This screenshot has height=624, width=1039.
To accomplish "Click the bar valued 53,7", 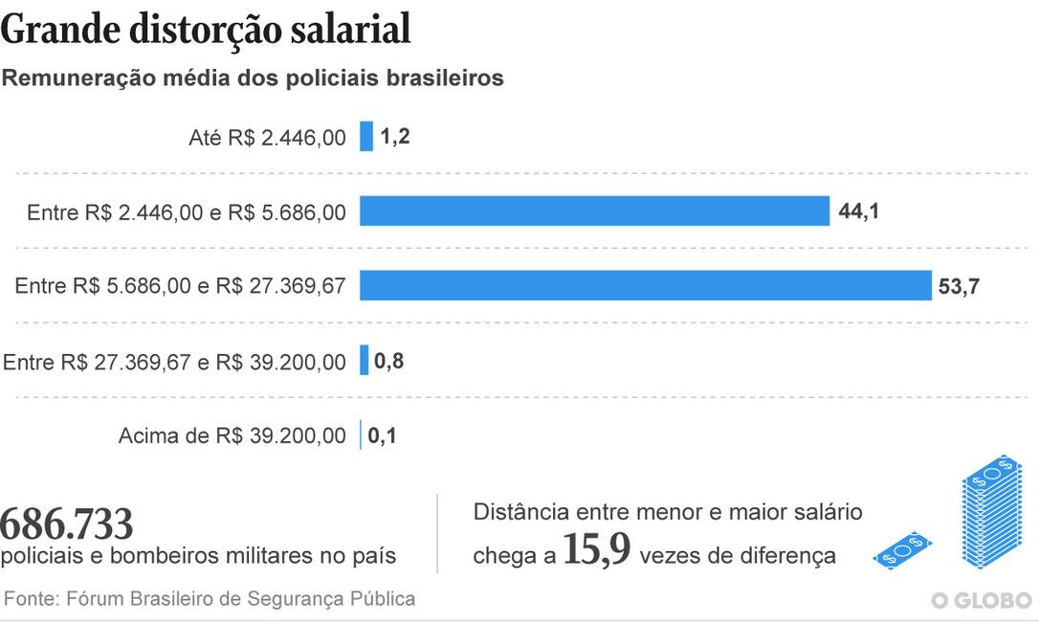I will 645,285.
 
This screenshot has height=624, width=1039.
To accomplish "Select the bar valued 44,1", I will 594,211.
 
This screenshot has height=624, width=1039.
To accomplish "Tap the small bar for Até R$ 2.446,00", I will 366,136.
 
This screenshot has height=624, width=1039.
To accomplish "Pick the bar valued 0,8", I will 365,361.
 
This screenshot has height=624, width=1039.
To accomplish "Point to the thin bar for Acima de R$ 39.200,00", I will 361,435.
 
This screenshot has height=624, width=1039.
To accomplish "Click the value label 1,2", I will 394,137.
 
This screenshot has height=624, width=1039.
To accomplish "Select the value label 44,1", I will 858,211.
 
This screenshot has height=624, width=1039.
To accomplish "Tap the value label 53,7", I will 959,286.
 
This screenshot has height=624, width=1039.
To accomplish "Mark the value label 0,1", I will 382,436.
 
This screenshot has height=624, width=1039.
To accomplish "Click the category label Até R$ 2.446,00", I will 267,138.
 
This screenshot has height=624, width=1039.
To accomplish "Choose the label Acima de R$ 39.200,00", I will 232,436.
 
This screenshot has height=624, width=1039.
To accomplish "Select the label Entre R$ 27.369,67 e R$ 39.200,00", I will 175,362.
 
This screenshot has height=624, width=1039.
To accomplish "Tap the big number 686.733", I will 67,524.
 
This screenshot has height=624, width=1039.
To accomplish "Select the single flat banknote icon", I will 902,550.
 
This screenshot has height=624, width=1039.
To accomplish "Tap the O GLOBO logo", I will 982,600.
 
